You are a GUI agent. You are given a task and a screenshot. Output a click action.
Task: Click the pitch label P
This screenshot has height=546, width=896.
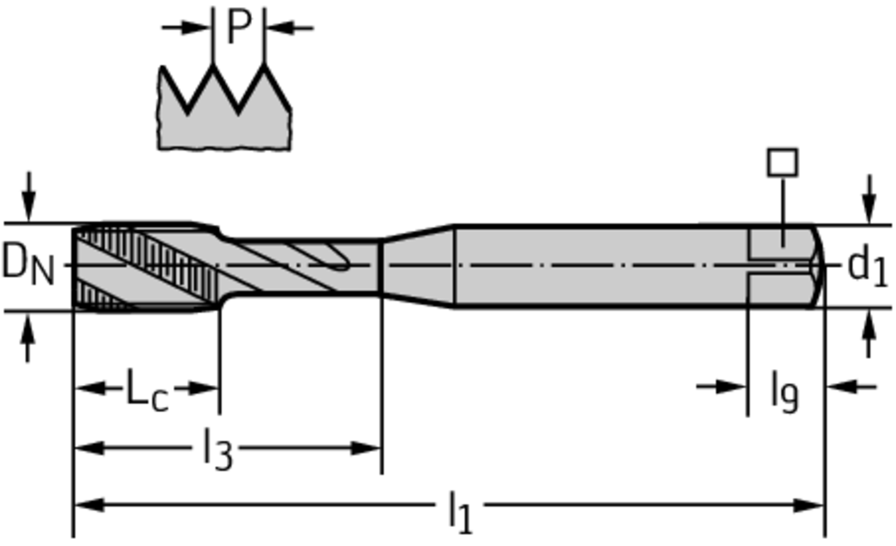tap(239, 27)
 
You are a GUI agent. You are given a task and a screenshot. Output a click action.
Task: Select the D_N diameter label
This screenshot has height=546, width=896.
tap(28, 264)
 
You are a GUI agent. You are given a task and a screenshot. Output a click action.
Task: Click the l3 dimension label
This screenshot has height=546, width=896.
tap(218, 449)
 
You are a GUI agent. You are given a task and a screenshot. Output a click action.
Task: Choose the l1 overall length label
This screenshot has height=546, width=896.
tap(460, 512)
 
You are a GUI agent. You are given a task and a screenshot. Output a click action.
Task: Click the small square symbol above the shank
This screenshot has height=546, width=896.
tap(782, 162)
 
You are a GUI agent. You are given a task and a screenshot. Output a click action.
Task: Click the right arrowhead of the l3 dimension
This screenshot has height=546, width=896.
tap(367, 448)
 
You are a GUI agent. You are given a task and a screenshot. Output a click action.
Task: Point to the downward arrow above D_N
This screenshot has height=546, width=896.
tap(28, 197)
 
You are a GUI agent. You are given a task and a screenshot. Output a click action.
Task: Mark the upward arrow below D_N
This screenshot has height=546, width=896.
tap(27, 337)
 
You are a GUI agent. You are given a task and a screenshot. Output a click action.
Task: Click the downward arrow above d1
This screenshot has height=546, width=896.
tap(869, 199)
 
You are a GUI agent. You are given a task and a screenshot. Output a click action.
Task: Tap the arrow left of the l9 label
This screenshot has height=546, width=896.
tap(722, 387)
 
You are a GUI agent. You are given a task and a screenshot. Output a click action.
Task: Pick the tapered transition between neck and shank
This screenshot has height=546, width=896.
tap(417, 266)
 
